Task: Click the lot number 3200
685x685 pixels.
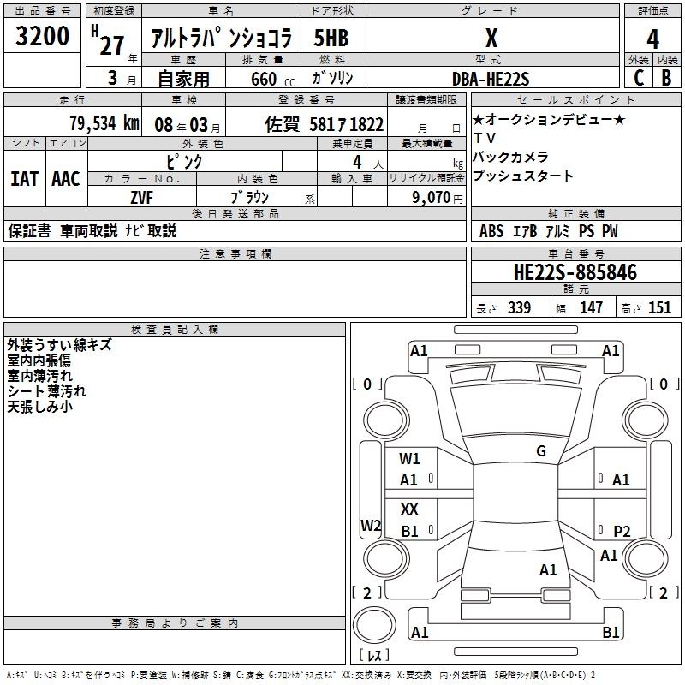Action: pos(42,36)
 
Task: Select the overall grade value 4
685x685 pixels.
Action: pos(652,39)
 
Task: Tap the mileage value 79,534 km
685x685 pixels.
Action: pos(104,123)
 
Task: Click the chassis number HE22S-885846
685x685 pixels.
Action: pos(575,272)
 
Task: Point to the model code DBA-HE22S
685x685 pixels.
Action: pos(491,79)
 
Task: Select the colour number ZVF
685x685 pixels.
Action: pos(141,198)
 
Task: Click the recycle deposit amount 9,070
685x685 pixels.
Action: pos(432,198)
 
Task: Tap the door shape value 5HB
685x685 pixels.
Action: pos(331,38)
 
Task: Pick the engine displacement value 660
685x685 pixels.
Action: pos(264,79)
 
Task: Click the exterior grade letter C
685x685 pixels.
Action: pos(639,78)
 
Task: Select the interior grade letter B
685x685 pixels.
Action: pos(666,78)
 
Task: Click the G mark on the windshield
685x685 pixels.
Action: pos(541,451)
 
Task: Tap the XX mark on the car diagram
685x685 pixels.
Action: pos(409,509)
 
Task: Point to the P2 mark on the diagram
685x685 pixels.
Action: pos(622,531)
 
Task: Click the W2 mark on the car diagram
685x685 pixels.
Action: pos(371,525)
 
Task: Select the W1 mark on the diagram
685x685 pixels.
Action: pos(409,458)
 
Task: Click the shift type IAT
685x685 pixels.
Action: pos(25,179)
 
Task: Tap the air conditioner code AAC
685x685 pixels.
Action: pos(66,179)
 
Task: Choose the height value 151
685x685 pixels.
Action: pos(659,307)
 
